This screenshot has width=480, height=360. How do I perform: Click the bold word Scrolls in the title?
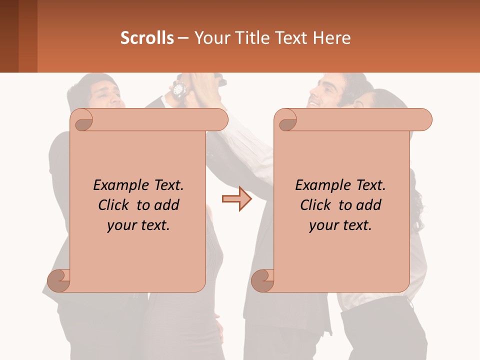coord(147,38)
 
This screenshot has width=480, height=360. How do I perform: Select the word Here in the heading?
coord(331,38)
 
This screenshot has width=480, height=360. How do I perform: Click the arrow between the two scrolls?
coord(236,198)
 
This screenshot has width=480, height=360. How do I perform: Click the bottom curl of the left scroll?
coord(59,280)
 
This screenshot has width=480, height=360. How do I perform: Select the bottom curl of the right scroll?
coord(263,280)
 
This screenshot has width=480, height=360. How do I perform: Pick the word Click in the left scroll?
coord(114,205)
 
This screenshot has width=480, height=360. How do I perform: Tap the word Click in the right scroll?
coord(316,205)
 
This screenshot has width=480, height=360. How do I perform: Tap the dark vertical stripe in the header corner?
coord(9,36)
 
